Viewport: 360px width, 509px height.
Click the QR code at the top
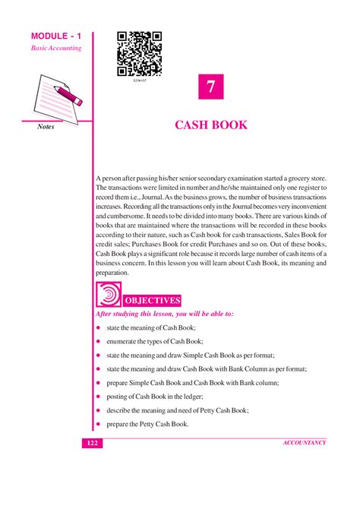(x=140, y=52)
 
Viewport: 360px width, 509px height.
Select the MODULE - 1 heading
(x=55, y=36)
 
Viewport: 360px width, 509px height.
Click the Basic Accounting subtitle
(x=55, y=48)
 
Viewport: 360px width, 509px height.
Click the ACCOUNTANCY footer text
(x=304, y=442)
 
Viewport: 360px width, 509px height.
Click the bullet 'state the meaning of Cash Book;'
(x=151, y=327)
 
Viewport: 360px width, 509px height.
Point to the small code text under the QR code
(x=140, y=78)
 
